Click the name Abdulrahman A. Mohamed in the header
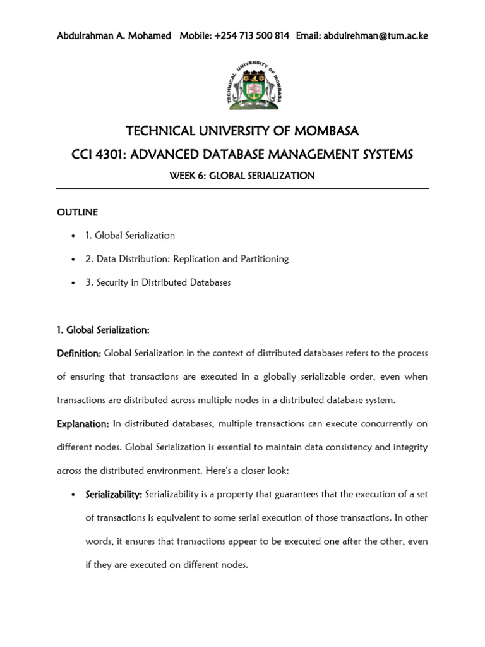(x=114, y=36)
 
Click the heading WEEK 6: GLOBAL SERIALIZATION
(x=242, y=176)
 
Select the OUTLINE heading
(x=77, y=212)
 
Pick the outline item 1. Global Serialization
(x=130, y=235)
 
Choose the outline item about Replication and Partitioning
(x=187, y=259)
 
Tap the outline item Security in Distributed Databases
(x=158, y=282)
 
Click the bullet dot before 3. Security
(x=75, y=283)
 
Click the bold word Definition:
(x=79, y=353)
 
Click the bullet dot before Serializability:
(x=75, y=494)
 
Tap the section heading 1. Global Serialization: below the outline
(x=103, y=330)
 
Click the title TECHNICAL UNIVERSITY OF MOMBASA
(x=242, y=131)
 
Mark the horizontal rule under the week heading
(x=242, y=188)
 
